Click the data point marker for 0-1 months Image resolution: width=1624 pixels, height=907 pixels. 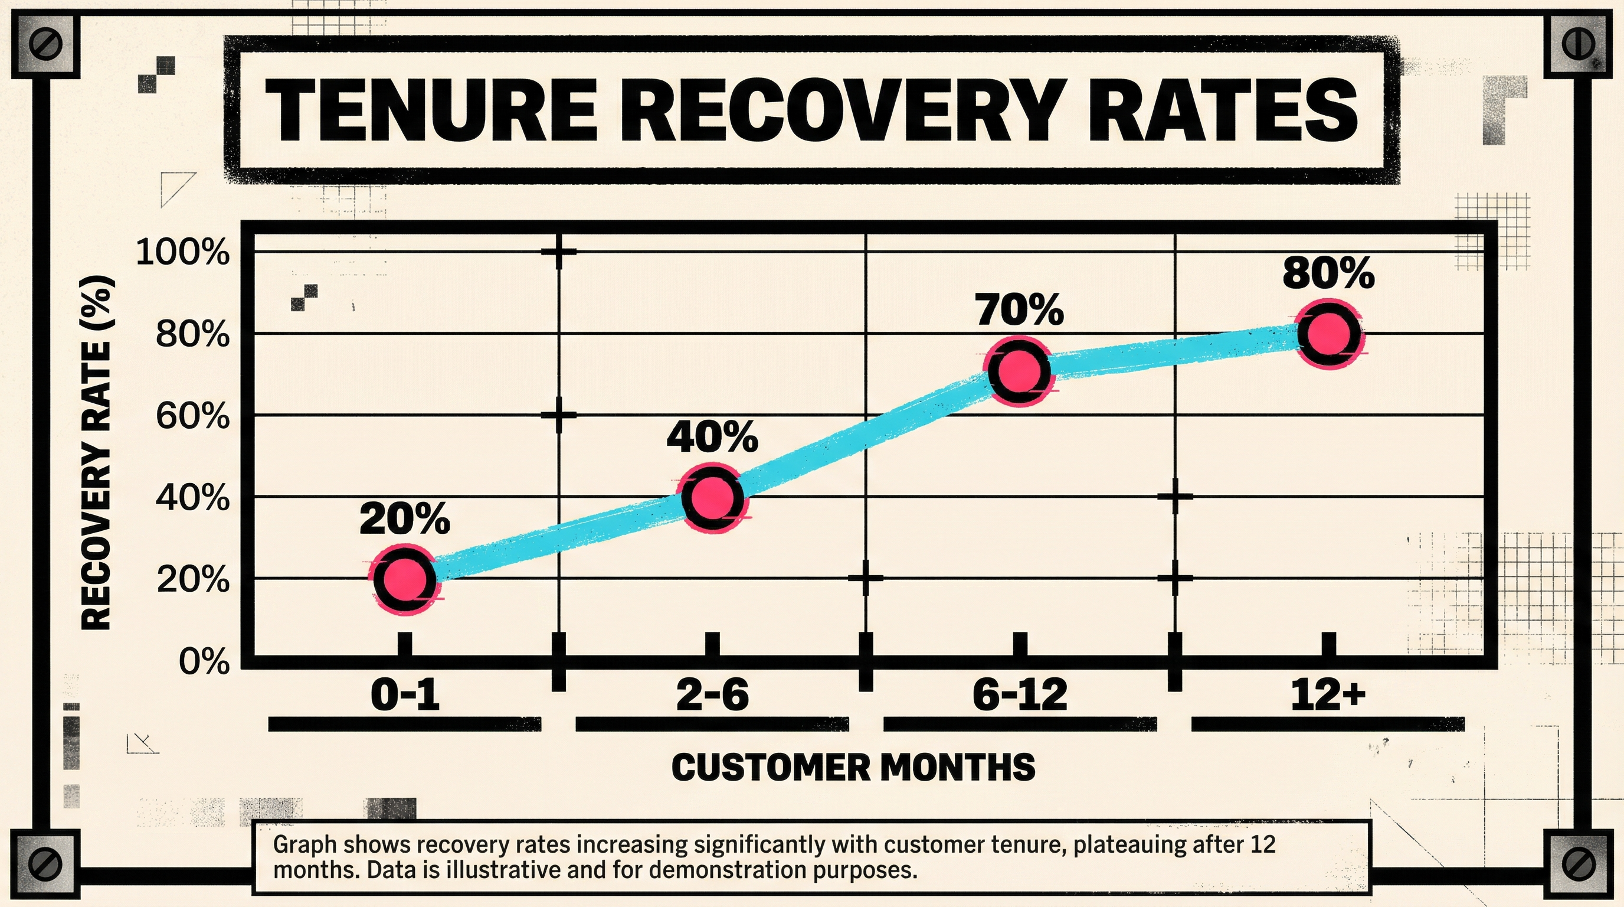tap(405, 578)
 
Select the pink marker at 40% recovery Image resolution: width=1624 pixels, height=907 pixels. tap(712, 497)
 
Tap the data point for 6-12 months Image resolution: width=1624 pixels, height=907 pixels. tap(1019, 371)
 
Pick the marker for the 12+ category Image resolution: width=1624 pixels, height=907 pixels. tap(1328, 334)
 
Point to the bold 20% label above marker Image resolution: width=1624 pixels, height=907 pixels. tap(405, 519)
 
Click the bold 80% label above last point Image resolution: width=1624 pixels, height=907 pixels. tap(1328, 273)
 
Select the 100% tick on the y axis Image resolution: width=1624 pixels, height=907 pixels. tap(183, 253)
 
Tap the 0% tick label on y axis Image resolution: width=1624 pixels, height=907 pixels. tap(204, 661)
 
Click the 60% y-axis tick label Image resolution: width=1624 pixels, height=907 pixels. tap(192, 416)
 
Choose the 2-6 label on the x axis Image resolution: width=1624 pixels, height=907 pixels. tap(712, 695)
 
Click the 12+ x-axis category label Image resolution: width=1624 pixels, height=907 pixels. tap(1328, 695)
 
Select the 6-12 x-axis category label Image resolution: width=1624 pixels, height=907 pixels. tap(1019, 695)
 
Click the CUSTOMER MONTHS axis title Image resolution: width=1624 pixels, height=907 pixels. tap(853, 768)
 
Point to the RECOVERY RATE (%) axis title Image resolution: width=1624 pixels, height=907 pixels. tap(97, 453)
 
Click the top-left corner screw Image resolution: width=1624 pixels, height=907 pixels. tap(46, 45)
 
